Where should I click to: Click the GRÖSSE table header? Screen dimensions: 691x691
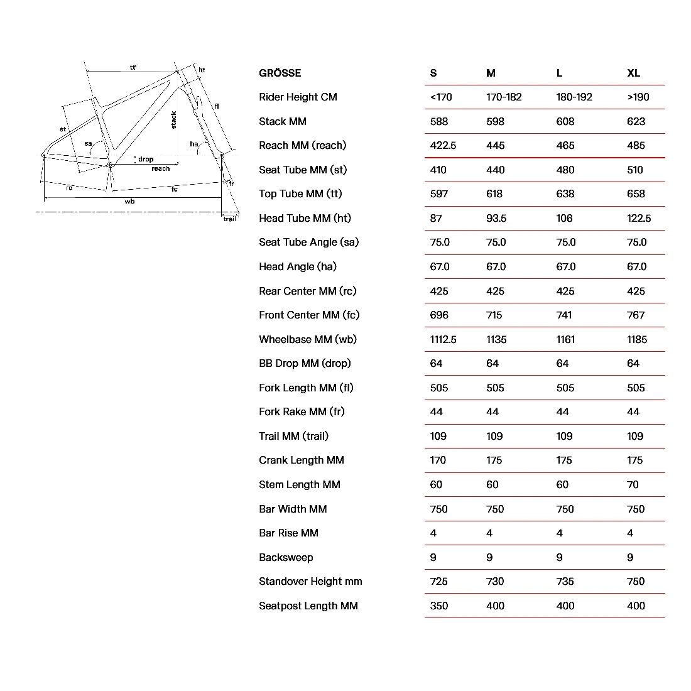pyautogui.click(x=280, y=73)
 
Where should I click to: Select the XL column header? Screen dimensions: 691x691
pyautogui.click(x=633, y=73)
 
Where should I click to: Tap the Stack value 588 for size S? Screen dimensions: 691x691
pyautogui.click(x=439, y=121)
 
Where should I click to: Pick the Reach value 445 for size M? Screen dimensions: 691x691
pyautogui.click(x=495, y=145)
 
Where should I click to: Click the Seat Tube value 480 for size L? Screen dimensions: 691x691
pyautogui.click(x=565, y=170)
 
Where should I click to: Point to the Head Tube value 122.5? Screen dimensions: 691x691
pyautogui.click(x=639, y=218)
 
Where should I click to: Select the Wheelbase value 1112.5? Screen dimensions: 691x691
pyautogui.click(x=443, y=339)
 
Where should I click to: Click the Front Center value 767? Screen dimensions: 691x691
pyautogui.click(x=636, y=315)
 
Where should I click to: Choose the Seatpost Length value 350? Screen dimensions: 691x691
pyautogui.click(x=439, y=606)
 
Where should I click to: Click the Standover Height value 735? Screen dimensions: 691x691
pyautogui.click(x=565, y=581)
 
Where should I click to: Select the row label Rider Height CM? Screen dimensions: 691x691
pyautogui.click(x=298, y=97)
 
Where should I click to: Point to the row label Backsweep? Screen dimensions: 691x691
pyautogui.click(x=286, y=557)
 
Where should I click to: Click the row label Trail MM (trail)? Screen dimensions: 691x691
pyautogui.click(x=293, y=436)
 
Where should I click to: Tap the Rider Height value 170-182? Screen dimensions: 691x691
pyautogui.click(x=504, y=97)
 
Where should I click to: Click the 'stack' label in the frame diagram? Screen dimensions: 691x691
pyautogui.click(x=174, y=120)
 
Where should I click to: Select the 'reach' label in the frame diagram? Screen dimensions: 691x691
pyautogui.click(x=161, y=168)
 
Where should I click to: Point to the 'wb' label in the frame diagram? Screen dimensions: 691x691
pyautogui.click(x=129, y=202)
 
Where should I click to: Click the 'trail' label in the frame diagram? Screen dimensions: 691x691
pyautogui.click(x=230, y=219)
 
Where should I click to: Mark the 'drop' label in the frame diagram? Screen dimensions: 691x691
pyautogui.click(x=146, y=160)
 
